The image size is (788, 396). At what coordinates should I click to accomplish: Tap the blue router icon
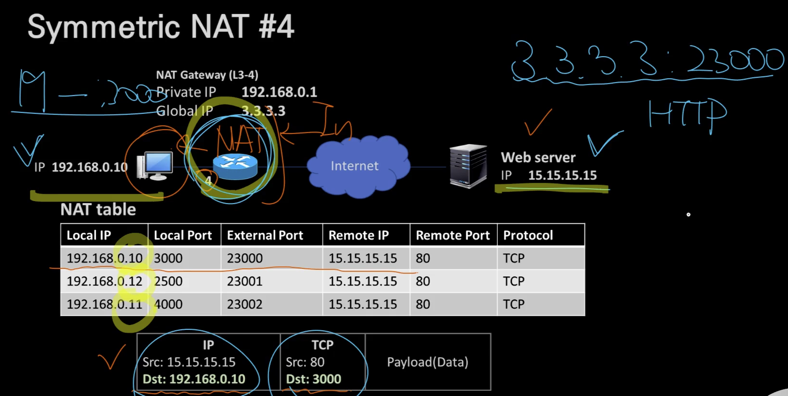tap(235, 166)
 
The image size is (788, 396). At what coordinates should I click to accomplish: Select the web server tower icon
tap(468, 166)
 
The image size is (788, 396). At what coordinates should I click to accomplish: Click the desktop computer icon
tap(155, 166)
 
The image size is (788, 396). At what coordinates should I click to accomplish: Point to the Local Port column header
tap(183, 235)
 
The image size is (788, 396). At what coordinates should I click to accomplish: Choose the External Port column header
tap(265, 235)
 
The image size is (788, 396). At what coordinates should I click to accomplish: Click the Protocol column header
tap(528, 235)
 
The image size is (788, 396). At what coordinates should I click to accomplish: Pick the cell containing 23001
tap(245, 281)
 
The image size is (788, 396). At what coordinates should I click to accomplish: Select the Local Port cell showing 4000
tap(168, 304)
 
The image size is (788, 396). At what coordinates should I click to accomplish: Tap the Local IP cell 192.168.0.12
tap(104, 281)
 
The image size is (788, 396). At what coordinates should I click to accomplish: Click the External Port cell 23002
tap(245, 304)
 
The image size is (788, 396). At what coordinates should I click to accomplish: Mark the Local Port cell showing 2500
tap(168, 281)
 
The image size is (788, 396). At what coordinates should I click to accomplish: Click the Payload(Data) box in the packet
tap(428, 362)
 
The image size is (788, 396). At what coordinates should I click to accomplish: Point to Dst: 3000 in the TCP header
tap(313, 379)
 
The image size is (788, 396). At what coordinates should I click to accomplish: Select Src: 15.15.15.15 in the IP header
tap(189, 362)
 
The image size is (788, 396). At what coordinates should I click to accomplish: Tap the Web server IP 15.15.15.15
tap(562, 175)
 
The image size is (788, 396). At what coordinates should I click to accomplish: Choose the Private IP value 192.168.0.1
tap(279, 92)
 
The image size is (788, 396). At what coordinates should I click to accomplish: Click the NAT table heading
tap(98, 210)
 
